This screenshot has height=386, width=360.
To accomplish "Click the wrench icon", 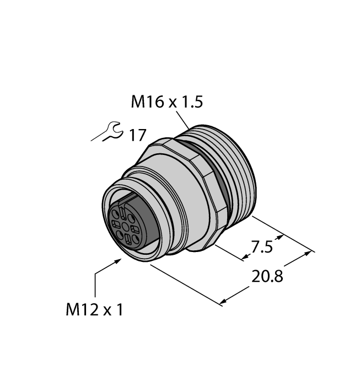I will (108, 132).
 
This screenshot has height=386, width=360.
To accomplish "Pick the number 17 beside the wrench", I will (137, 135).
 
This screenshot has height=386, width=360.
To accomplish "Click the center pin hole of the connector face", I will (125, 226).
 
